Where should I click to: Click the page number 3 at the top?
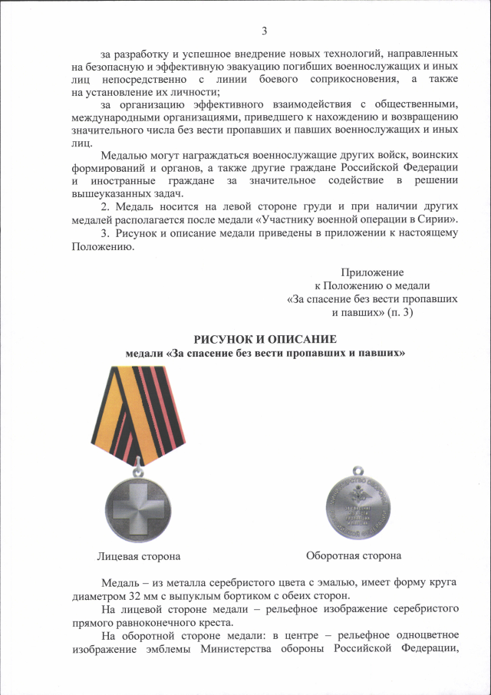pos(264,31)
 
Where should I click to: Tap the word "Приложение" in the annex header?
pos(372,272)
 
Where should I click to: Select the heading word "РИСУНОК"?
pos(223,339)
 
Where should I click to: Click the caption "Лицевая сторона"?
pos(138,555)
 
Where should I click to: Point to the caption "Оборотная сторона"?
pos(354,555)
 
